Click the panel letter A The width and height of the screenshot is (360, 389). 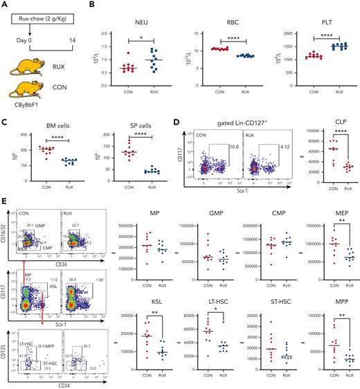tap(5, 6)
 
